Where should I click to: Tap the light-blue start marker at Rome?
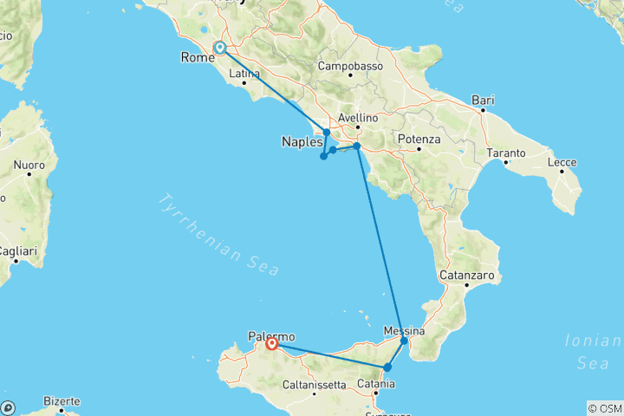pos(220,49)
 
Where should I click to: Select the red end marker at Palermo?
pos(272,344)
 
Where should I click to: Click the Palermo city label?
pos(271,336)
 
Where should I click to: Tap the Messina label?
pos(404,331)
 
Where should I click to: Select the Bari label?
pos(482,101)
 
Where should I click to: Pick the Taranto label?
pos(506,153)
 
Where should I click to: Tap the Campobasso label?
pos(350,66)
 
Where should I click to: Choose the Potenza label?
pos(419,139)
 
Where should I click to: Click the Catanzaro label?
pos(465,275)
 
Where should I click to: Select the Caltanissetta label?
pos(321,383)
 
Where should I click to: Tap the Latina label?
pos(244,74)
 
